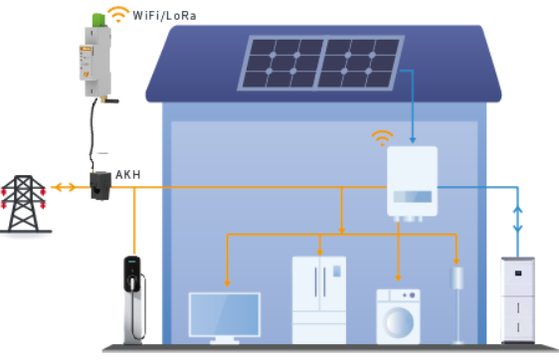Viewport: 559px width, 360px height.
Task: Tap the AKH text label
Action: coord(128,175)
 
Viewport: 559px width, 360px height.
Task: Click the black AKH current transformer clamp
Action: coord(99,185)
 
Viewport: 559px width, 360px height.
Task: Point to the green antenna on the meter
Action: coord(98,18)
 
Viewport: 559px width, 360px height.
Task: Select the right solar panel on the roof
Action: coord(359,63)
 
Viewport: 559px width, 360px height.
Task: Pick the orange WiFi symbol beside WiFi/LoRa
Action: coord(119,14)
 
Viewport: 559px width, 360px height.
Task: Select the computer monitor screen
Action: coord(224,316)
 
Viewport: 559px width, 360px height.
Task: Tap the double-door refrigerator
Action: coord(319,298)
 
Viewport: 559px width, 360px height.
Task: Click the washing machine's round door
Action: coord(398,323)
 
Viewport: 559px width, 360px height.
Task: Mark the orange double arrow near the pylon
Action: coord(65,187)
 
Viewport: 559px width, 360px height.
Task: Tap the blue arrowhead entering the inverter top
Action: coord(413,140)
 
